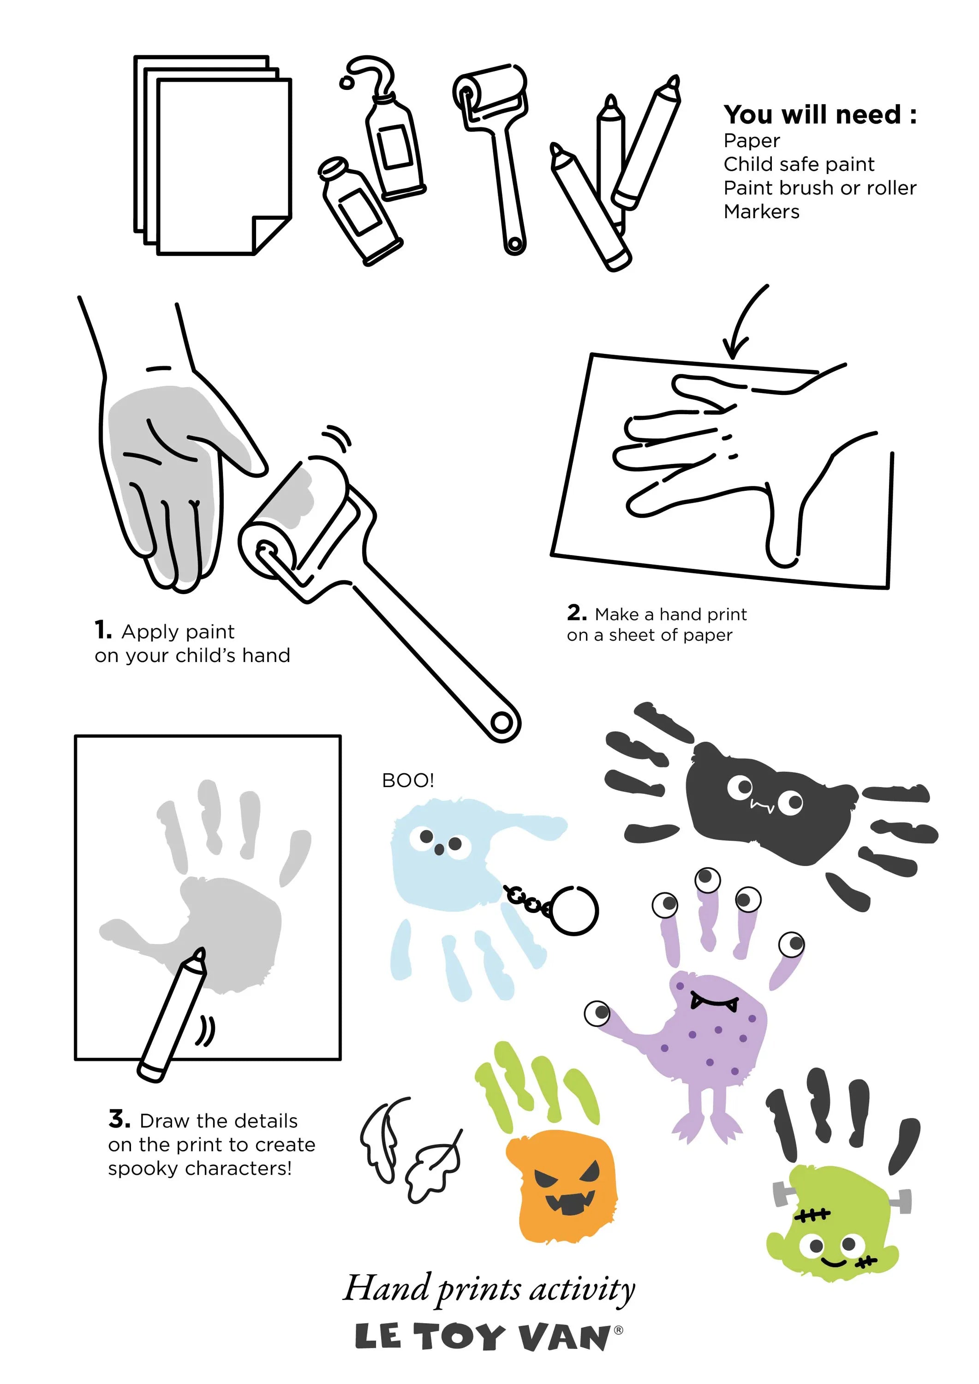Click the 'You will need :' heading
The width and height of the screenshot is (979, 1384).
820,114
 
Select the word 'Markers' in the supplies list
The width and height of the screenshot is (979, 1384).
761,212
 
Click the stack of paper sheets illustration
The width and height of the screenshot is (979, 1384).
212,155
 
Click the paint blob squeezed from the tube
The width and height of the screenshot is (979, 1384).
346,81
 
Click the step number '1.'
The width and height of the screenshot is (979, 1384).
103,631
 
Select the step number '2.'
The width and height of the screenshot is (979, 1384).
576,613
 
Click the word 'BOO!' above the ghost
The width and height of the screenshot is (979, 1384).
407,781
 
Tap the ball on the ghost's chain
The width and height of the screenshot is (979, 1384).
574,910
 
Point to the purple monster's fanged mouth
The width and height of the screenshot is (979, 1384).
714,1001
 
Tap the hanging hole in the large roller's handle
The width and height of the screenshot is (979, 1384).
501,722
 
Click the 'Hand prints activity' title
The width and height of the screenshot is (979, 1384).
489,1289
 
